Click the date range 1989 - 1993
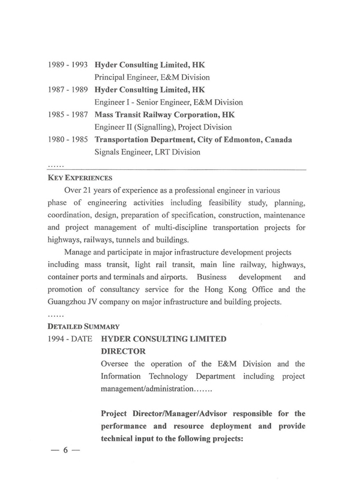click(x=68, y=64)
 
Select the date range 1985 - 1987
click(x=68, y=115)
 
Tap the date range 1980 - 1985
click(x=68, y=140)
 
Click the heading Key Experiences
click(x=79, y=178)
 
